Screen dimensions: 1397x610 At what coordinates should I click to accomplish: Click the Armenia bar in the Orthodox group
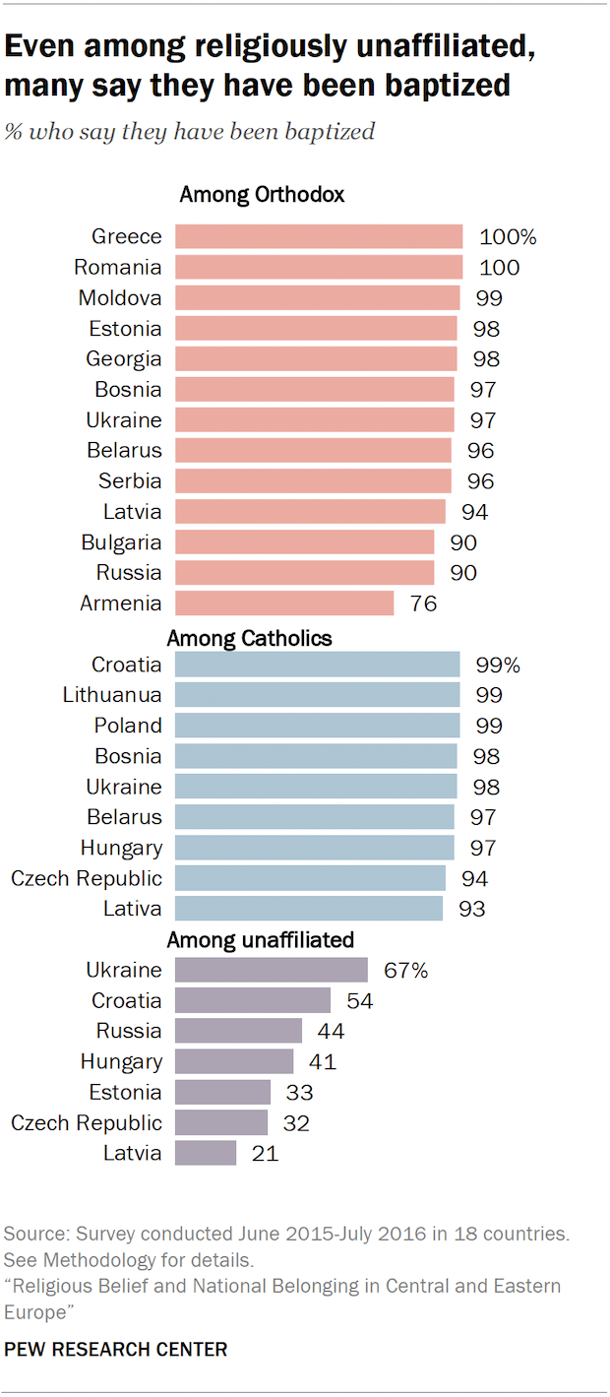coord(284,603)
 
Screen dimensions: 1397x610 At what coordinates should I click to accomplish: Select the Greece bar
coord(319,236)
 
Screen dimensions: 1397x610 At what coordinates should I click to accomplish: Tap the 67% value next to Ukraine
coord(405,970)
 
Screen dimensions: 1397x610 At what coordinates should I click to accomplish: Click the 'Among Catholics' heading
coord(249,638)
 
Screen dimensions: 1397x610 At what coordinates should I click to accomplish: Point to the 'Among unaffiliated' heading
coord(261,940)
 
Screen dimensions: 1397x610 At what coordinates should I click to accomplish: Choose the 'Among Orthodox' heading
coord(262,195)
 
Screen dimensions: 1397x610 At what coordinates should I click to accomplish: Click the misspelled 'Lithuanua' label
coord(112,695)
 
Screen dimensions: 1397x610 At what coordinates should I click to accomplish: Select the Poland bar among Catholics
coord(317,726)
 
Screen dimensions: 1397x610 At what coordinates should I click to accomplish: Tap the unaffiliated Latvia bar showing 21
coord(206,1153)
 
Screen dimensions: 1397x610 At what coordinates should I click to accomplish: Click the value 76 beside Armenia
coord(423,603)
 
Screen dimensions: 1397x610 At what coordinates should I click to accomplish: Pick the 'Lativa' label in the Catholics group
coord(133,909)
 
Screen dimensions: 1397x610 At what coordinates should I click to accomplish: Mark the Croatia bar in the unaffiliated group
coord(253,1000)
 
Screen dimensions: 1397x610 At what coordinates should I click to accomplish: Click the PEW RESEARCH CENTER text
coord(115,1349)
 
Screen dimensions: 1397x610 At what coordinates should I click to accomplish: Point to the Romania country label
coord(118,267)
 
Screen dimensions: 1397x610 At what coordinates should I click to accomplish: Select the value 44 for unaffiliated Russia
coord(331,1031)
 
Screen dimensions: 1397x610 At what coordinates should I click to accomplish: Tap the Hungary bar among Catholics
coord(315,848)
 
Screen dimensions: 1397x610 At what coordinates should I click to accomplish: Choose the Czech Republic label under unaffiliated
coord(87,1122)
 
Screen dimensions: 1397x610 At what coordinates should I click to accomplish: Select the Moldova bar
coord(317,297)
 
